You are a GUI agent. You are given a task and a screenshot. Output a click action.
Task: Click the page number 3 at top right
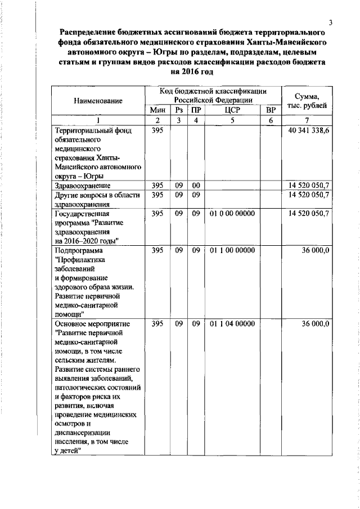coord(332,22)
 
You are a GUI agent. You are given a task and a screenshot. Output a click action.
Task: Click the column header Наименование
coord(97,100)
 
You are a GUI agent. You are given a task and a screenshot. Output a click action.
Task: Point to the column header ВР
coord(271,110)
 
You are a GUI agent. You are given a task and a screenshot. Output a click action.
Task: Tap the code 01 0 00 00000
coord(232,214)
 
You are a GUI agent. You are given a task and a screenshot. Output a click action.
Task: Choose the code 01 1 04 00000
coord(232,324)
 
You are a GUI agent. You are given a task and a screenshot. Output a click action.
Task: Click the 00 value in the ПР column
coord(196,185)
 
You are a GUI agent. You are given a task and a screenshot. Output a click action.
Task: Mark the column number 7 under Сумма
coord(307,120)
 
